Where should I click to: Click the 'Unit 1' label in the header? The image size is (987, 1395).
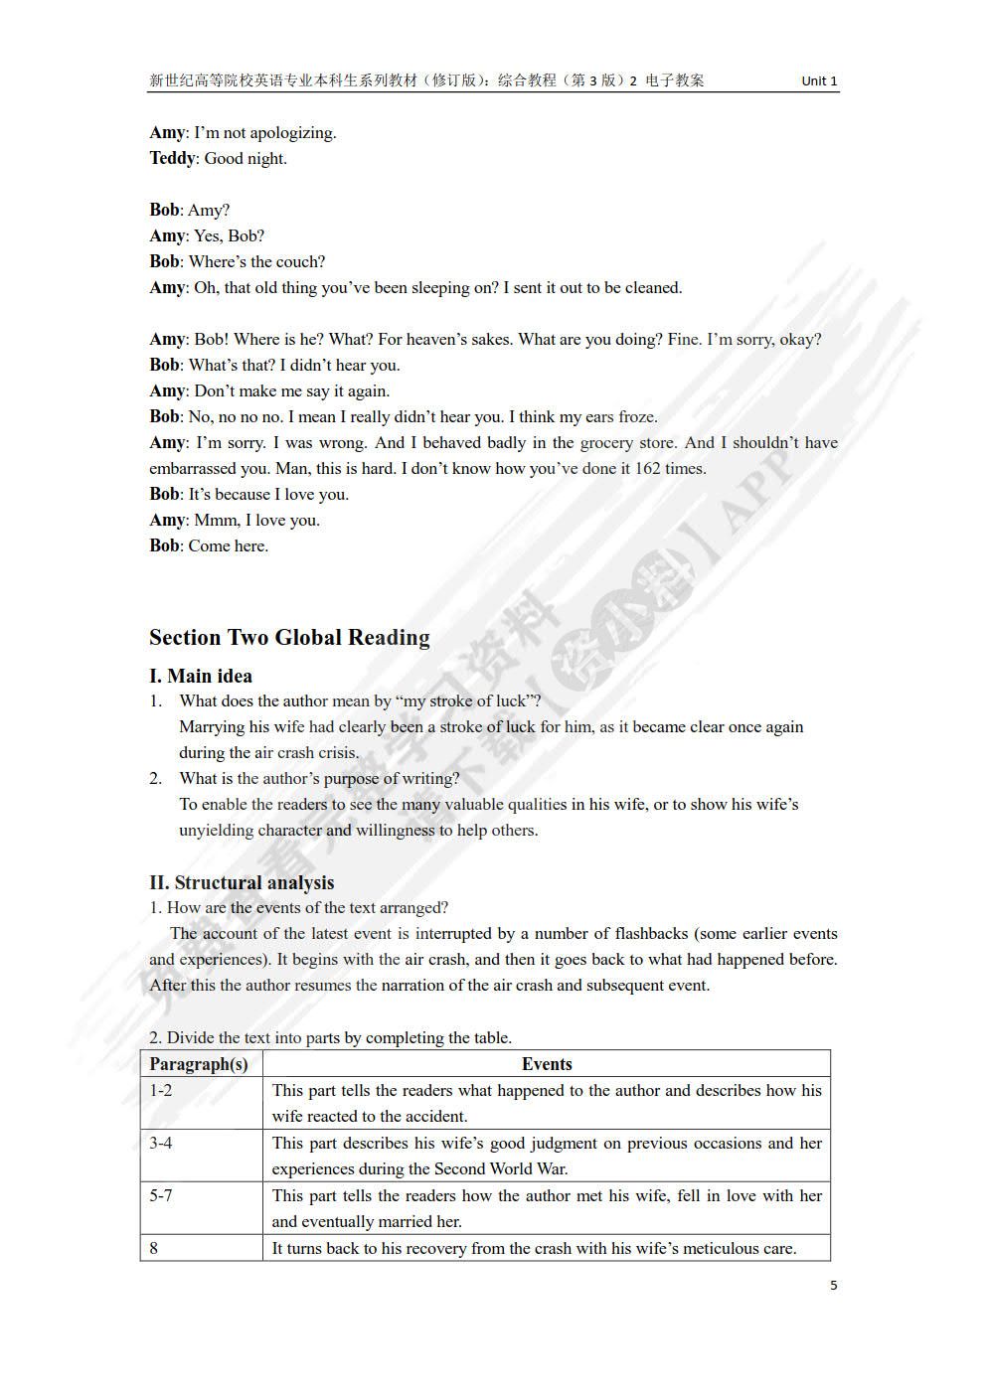click(819, 81)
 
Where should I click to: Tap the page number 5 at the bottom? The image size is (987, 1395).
click(833, 1285)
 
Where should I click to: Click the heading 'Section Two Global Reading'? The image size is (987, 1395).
click(289, 638)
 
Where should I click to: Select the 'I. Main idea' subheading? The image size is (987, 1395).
click(201, 676)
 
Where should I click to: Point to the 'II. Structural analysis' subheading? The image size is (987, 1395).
click(242, 882)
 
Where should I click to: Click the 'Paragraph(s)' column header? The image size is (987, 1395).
click(199, 1064)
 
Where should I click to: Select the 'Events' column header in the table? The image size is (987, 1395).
click(547, 1064)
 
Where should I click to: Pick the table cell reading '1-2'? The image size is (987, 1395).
click(161, 1091)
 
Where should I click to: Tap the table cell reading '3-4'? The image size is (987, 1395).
click(161, 1144)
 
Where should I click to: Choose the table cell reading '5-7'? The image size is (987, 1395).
click(161, 1196)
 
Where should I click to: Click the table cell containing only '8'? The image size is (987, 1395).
click(154, 1249)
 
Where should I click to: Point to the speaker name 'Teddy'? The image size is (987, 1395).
click(172, 158)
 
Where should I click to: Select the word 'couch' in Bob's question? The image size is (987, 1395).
click(300, 262)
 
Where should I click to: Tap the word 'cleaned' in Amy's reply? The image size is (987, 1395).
click(651, 288)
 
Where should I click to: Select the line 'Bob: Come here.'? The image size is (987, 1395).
click(209, 545)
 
